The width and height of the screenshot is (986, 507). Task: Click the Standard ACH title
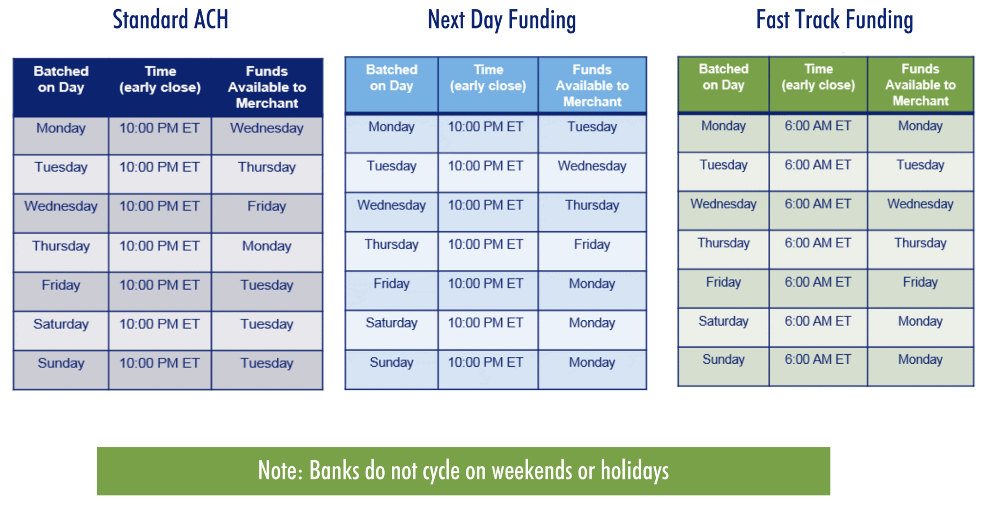(x=170, y=20)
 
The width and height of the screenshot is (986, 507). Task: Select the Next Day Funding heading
(x=502, y=20)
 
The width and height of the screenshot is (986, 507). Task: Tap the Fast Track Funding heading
(x=834, y=20)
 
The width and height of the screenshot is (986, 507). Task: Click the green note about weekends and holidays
(x=463, y=471)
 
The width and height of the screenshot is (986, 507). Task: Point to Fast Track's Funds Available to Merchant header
(x=921, y=85)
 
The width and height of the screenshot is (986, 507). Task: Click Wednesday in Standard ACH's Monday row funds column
(x=267, y=128)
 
